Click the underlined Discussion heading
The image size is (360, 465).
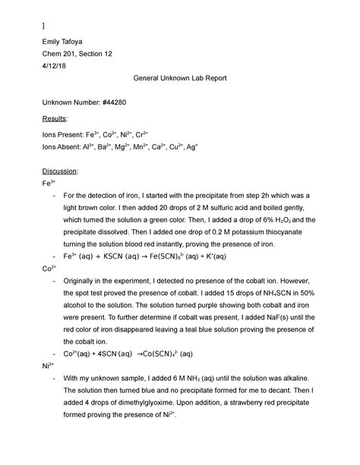tap(62, 171)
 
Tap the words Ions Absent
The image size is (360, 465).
tap(64, 148)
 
